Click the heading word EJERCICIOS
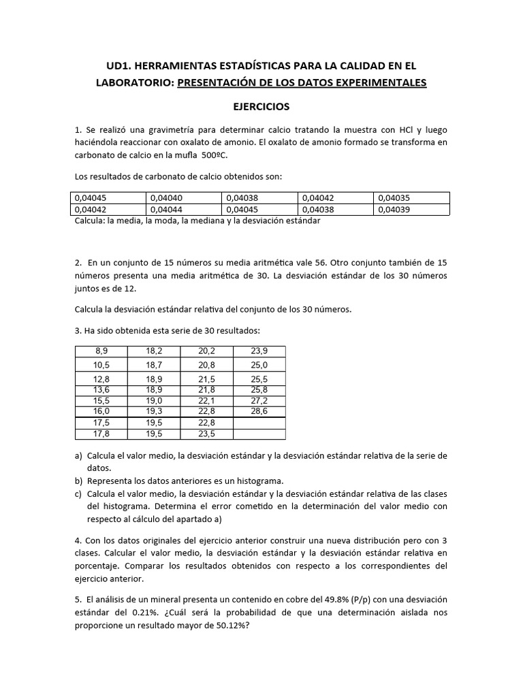tap(261, 107)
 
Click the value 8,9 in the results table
tap(101, 351)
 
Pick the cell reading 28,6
tap(259, 412)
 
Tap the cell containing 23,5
tap(206, 434)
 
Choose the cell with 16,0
tap(101, 412)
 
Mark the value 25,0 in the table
tap(259, 366)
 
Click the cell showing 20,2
tap(206, 351)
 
